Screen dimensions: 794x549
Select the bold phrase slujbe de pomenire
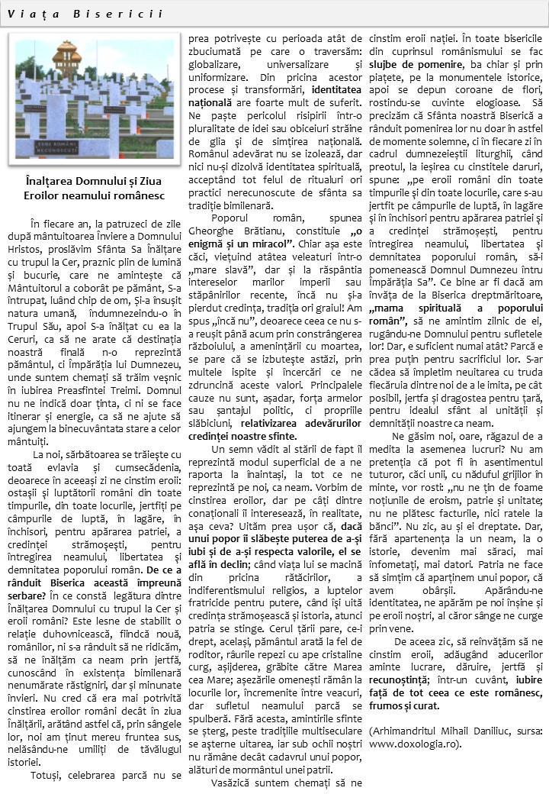tap(413, 64)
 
